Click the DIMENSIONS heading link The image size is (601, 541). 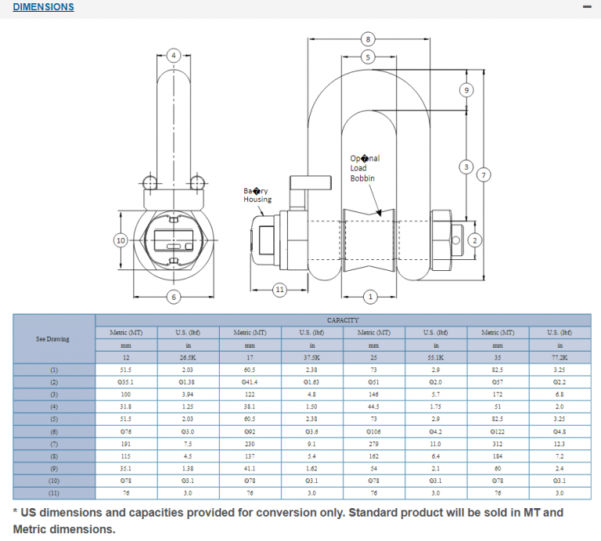44,7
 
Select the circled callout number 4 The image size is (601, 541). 175,56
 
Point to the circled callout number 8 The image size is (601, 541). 368,38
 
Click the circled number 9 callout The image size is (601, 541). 466,90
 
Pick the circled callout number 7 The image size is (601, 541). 484,175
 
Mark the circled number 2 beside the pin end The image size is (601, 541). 474,240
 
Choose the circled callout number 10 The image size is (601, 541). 121,240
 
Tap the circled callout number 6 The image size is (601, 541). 174,296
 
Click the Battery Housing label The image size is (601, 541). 257,195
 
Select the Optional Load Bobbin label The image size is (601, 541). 364,168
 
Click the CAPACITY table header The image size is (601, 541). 343,320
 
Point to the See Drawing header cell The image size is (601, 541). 53,339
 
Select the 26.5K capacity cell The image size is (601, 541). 188,357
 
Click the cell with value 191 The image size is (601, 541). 126,444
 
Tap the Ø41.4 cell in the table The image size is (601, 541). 250,381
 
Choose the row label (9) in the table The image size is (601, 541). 53,468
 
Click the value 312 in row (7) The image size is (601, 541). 498,444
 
